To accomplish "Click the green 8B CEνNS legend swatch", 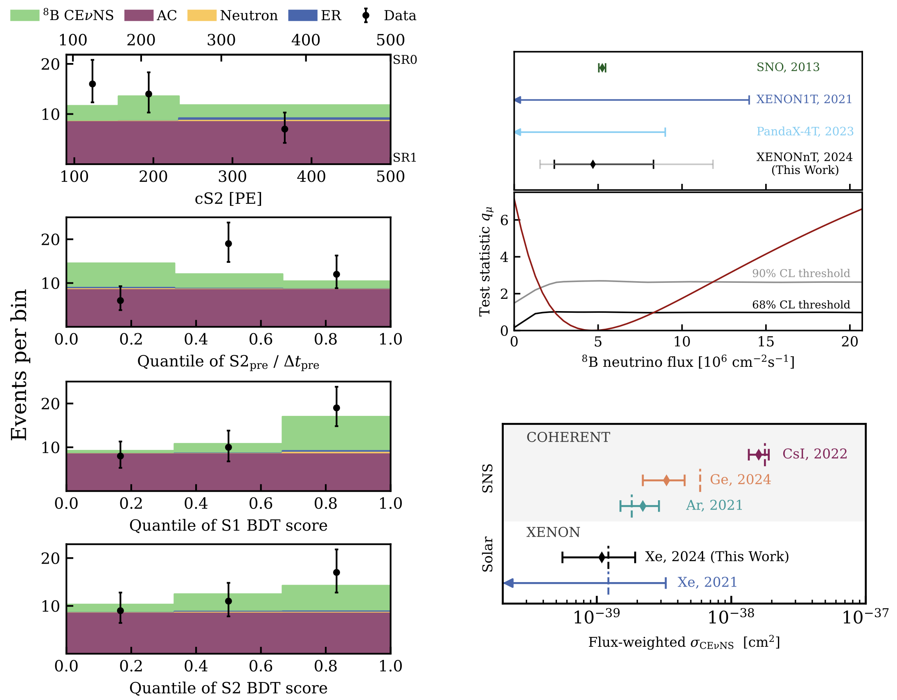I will pos(25,15).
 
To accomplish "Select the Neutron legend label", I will pos(249,16).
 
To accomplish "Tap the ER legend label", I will pos(331,16).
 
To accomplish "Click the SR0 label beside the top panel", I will pos(405,60).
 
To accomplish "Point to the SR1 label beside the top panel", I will pos(405,158).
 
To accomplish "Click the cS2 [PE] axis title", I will pos(228,199).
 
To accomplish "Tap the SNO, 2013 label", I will pos(788,67).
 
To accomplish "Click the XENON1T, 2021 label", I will pos(804,99).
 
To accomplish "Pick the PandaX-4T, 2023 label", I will pos(805,131).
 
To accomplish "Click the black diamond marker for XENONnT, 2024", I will pos(593,164).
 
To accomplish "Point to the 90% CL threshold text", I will pos(801,273).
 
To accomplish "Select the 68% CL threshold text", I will pos(801,305).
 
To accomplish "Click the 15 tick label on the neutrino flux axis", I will pos(766,342).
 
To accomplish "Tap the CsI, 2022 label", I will pos(815,454).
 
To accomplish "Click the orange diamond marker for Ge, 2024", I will pos(666,480).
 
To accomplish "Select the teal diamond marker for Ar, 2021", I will pos(643,506).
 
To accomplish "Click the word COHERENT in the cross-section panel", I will pos(568,438).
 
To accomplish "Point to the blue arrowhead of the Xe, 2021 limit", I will pos(508,583).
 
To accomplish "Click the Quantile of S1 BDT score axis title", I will pos(228,526).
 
